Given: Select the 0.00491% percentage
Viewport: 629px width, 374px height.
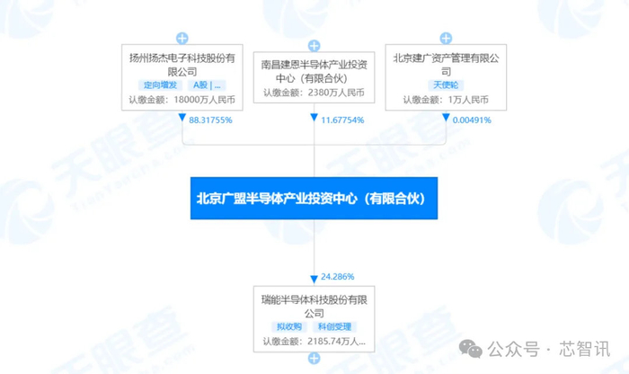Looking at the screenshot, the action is click(471, 120).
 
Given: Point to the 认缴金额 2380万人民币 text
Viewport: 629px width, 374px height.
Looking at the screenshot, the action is click(314, 93).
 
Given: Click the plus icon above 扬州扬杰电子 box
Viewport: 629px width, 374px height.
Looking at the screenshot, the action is click(182, 39).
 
